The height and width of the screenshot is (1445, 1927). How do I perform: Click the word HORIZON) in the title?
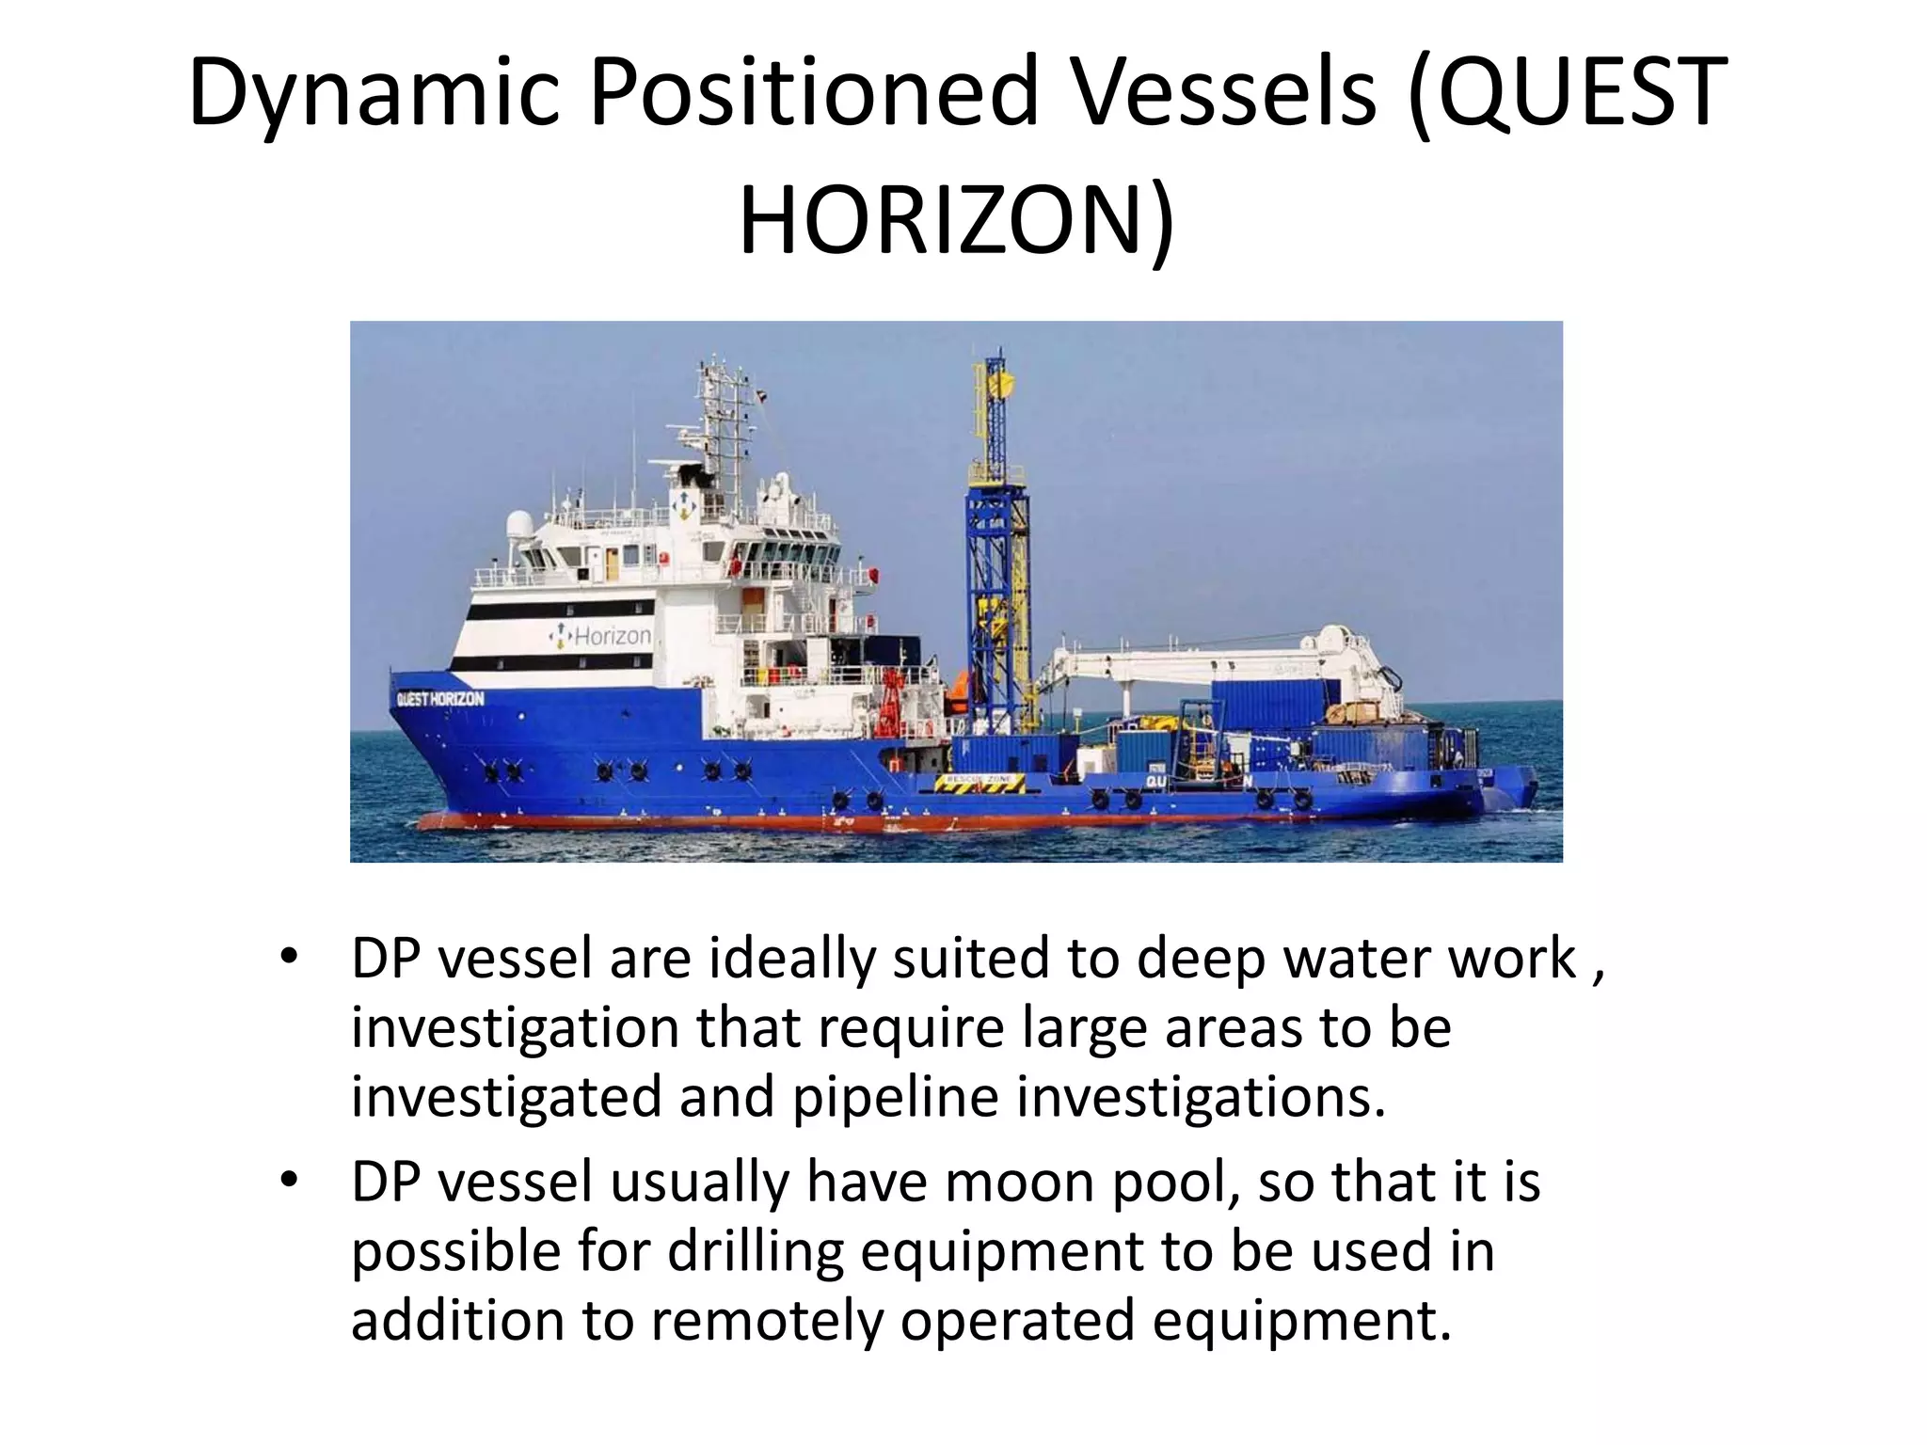(956, 222)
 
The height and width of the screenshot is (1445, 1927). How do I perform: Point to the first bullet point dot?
(289, 957)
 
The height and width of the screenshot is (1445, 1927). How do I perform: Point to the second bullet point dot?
(289, 1180)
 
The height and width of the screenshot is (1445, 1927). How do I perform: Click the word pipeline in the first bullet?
(895, 1097)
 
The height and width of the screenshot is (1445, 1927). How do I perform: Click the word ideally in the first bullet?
(790, 959)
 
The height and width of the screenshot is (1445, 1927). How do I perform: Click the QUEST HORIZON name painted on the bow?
(440, 699)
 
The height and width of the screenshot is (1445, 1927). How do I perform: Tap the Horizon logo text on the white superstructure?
(602, 636)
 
